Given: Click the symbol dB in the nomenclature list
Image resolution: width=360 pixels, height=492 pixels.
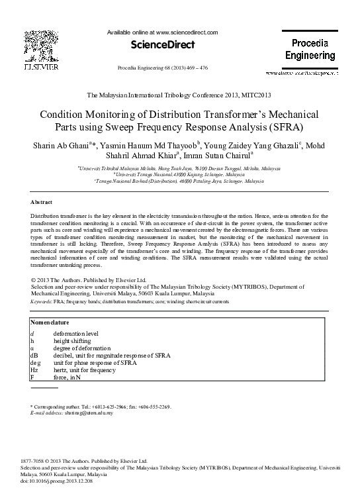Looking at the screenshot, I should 35,356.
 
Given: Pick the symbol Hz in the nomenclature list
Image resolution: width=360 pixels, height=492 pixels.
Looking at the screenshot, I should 35,370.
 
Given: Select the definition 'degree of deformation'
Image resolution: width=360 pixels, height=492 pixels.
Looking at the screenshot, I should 81,348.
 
